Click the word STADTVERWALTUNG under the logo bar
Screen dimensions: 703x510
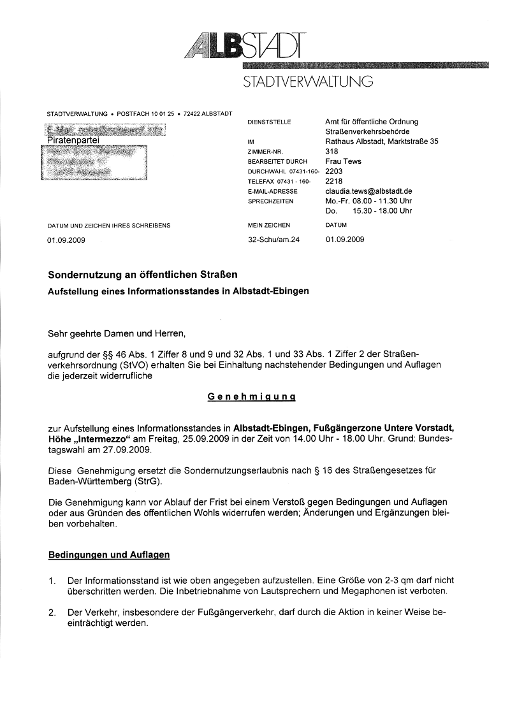point(307,82)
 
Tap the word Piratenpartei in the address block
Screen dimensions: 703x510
point(74,141)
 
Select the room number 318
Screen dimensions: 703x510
point(331,152)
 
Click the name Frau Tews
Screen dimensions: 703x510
point(343,161)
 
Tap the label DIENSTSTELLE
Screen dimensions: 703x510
point(269,122)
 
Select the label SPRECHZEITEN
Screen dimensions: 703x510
point(270,201)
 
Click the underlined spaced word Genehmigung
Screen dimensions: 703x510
point(251,396)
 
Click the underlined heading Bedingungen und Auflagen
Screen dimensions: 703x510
point(109,554)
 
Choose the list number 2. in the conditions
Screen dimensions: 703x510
point(52,612)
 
